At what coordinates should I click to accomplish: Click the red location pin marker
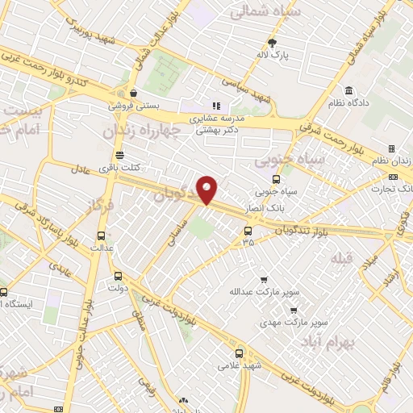[207, 190]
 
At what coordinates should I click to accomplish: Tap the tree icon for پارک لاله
[273, 43]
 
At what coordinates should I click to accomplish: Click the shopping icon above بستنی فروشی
[132, 92]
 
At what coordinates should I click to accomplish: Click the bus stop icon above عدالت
[100, 237]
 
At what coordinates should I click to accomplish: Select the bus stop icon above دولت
[118, 275]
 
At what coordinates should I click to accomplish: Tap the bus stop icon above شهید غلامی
[239, 353]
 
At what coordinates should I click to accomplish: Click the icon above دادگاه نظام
[348, 90]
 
